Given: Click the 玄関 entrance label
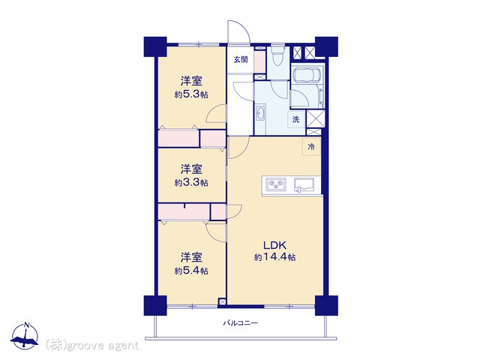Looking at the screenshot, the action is (x=241, y=59).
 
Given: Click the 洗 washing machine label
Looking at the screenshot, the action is (x=295, y=119).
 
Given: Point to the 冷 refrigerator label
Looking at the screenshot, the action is (x=311, y=147).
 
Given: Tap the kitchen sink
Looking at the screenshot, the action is (x=304, y=185).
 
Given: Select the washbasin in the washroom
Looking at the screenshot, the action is (x=260, y=113).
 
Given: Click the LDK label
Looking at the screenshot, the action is (x=275, y=245).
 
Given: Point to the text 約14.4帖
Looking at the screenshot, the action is (x=274, y=257).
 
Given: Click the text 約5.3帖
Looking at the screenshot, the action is (x=191, y=94).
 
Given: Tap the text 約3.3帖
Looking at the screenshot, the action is (x=191, y=183).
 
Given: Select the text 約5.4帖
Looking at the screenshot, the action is (x=191, y=271).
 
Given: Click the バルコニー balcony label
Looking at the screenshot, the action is (x=240, y=322).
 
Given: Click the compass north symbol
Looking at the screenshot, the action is (x=25, y=336).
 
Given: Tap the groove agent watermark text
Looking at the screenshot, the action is (x=91, y=346).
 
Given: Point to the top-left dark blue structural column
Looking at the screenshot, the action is (x=155, y=46).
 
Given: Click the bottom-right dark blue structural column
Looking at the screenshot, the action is (x=327, y=305).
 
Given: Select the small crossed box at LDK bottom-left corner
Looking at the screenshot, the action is (x=222, y=301).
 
